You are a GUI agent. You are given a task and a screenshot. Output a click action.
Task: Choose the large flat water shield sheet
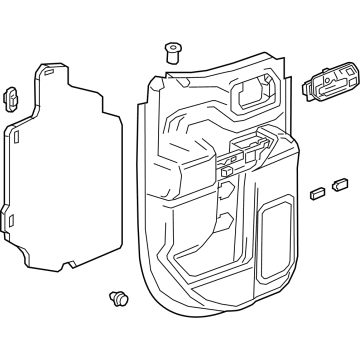60,170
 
